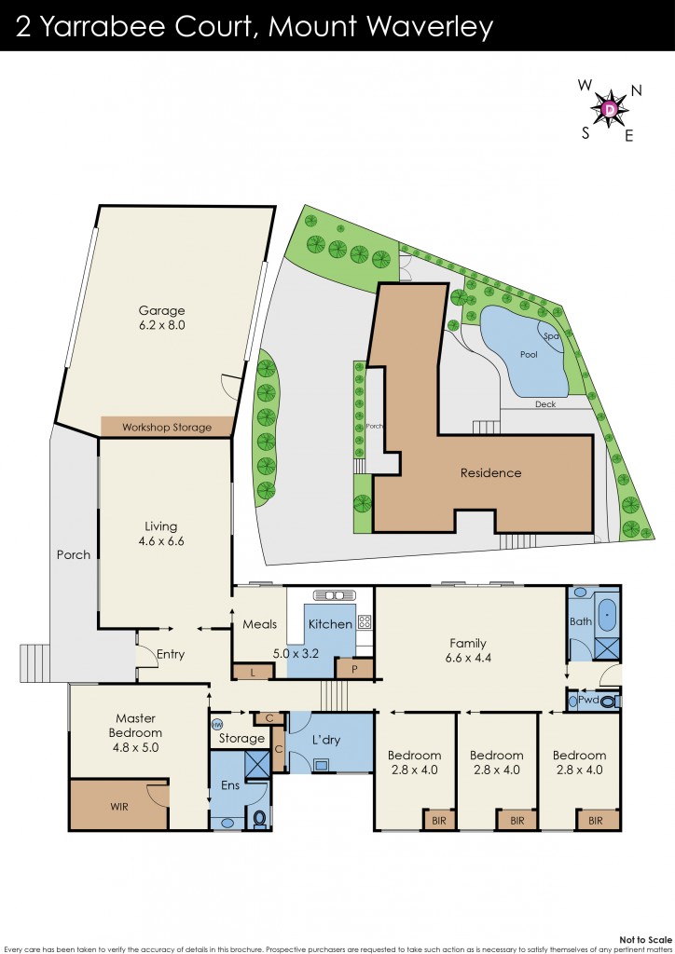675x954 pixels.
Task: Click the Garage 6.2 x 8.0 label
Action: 162,319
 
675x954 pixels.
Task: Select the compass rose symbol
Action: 611,110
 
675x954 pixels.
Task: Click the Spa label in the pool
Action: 550,336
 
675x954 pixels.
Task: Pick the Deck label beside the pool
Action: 545,404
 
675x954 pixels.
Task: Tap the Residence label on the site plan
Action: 490,472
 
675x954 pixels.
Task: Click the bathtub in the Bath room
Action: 606,616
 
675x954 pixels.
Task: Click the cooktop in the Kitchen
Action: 364,621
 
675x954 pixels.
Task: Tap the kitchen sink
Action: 333,595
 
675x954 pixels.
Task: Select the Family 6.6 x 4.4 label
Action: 467,649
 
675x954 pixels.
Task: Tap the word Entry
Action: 171,654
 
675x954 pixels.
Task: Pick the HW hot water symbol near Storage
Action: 217,724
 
